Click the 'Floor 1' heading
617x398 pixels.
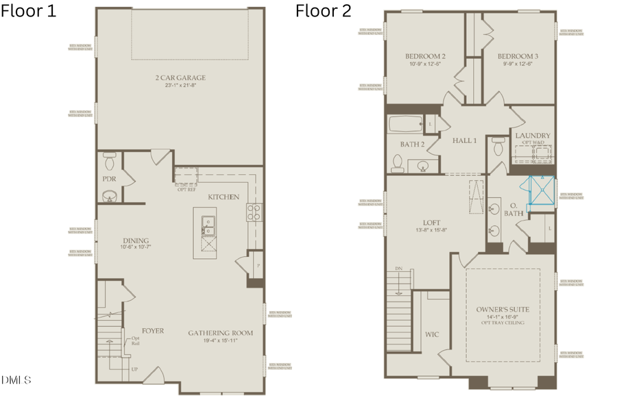coord(29,12)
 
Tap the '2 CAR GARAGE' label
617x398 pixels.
coord(180,77)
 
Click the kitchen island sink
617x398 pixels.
coord(208,221)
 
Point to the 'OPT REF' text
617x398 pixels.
coord(186,189)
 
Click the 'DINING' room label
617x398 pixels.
coord(136,240)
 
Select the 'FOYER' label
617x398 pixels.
coord(153,331)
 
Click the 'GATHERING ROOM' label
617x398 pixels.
coord(221,334)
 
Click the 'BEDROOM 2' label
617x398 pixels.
coord(425,56)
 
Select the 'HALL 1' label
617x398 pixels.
coord(464,140)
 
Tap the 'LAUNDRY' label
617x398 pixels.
coord(532,136)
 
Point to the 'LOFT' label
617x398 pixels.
coord(431,223)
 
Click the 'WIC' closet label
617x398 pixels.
coord(432,335)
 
